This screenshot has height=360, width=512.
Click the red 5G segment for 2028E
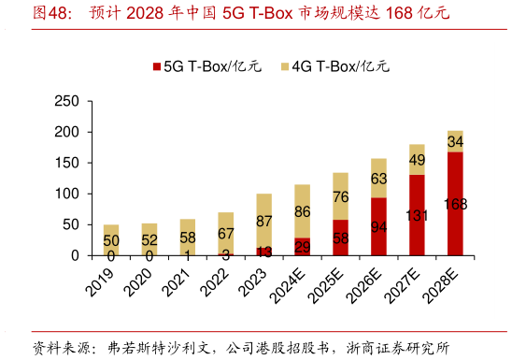click(x=455, y=204)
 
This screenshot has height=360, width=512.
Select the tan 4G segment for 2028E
click(x=455, y=141)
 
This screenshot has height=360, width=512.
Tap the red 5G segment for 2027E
click(x=417, y=215)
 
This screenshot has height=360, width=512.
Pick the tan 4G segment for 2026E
click(x=378, y=178)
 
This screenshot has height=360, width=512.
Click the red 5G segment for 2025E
click(x=340, y=238)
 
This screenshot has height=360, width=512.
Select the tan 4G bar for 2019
click(x=111, y=239)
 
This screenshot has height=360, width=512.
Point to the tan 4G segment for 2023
click(x=263, y=221)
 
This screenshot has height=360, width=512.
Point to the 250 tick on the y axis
click(x=67, y=101)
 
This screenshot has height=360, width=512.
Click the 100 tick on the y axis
click(x=67, y=194)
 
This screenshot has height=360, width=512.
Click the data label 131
click(x=417, y=215)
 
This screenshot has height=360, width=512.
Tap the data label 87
click(x=263, y=221)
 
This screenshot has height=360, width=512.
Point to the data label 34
click(x=455, y=141)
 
